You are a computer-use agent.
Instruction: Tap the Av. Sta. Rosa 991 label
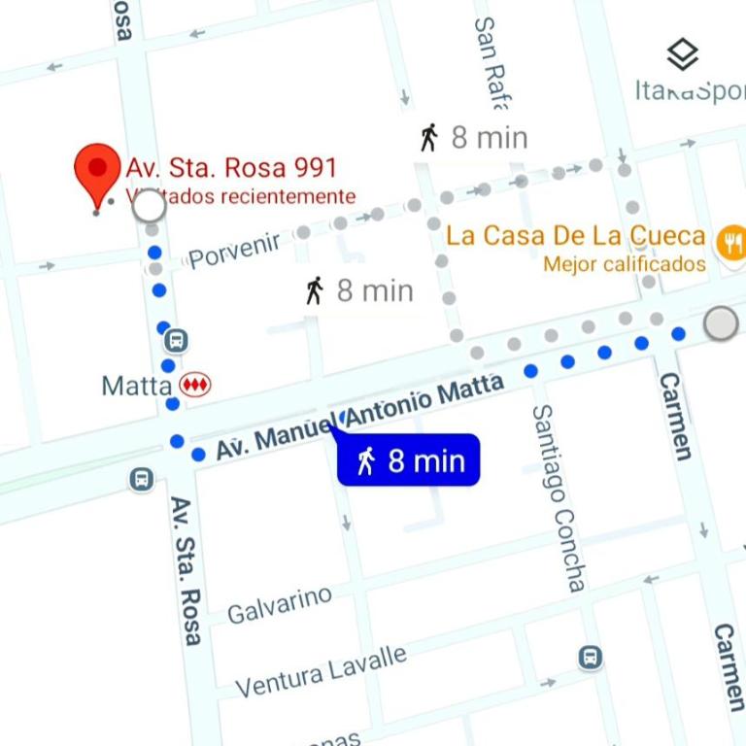point(231,167)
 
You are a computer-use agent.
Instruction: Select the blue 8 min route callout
point(409,460)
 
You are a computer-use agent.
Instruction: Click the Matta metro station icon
point(195,386)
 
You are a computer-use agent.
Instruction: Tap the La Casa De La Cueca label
point(575,235)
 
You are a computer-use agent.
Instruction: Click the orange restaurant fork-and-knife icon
point(730,242)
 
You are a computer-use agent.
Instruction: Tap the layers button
point(683,54)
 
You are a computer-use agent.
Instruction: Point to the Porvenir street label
point(234,250)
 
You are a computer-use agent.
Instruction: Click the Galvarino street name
point(279,604)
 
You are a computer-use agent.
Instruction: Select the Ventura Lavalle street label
point(321,671)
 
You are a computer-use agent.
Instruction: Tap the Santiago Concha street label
point(559,497)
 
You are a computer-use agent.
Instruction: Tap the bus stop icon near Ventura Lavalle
point(590,658)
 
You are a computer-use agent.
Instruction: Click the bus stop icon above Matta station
point(176,341)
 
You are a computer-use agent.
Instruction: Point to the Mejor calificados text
point(625,264)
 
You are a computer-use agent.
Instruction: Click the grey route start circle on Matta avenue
point(721,322)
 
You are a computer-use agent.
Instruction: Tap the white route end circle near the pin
point(148,205)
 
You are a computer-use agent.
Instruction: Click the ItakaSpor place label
point(690,90)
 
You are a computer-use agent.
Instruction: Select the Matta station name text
point(137,386)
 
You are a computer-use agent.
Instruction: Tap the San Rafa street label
point(491,60)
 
